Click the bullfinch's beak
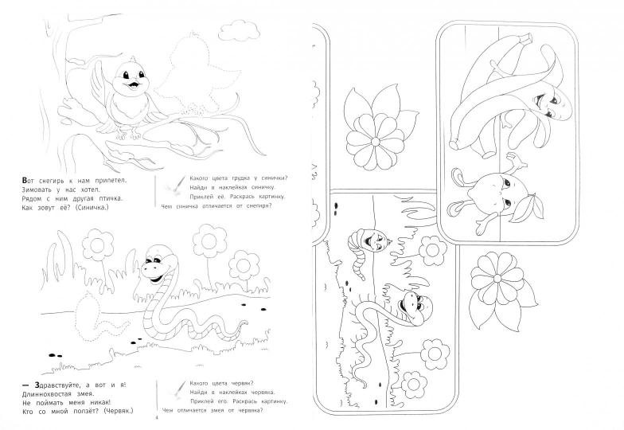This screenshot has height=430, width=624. pyautogui.click(x=132, y=84)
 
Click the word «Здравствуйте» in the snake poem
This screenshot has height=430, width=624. pyautogui.click(x=56, y=385)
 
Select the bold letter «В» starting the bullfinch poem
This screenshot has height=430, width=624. pyautogui.click(x=25, y=180)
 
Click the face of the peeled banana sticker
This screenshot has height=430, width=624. pyautogui.click(x=549, y=104)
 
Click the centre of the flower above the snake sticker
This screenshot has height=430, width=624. pyautogui.click(x=376, y=142)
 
